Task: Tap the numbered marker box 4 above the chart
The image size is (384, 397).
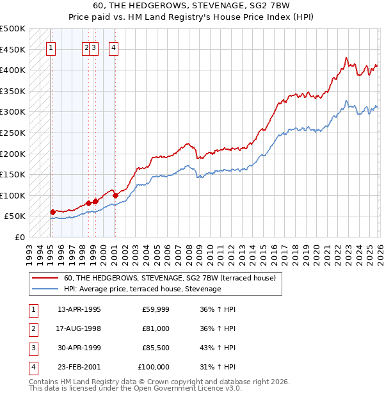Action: pos(113,47)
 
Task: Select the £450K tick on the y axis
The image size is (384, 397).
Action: pos(13,49)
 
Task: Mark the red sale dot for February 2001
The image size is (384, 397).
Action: pos(115,195)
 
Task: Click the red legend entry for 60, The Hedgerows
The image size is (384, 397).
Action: pos(170,278)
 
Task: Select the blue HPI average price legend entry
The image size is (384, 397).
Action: pos(142,289)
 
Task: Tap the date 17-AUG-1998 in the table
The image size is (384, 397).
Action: pos(79,328)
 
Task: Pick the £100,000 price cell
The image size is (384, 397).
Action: pos(154,367)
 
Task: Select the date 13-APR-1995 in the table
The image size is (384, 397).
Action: pos(79,309)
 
